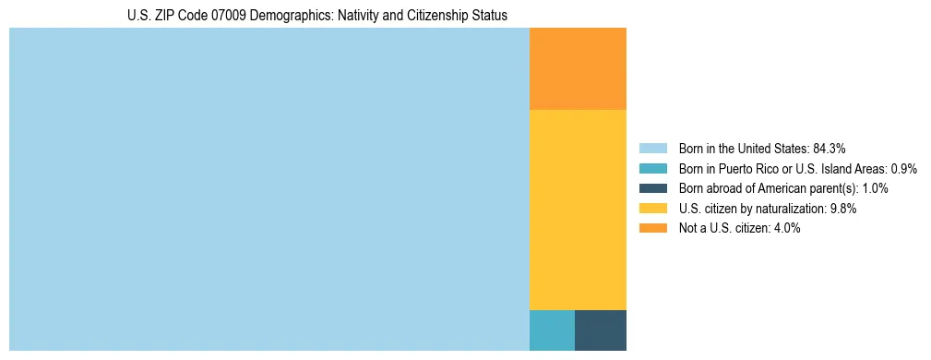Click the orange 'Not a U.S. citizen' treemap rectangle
[x=578, y=69]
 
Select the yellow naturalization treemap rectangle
[x=578, y=210]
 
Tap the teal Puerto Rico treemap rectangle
[x=552, y=330]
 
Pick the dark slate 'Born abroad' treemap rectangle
[x=600, y=330]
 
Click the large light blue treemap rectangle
[x=269, y=189]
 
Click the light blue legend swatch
[x=653, y=149]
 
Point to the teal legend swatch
[x=653, y=169]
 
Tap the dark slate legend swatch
[x=653, y=188]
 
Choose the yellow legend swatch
[x=653, y=209]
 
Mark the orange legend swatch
[x=653, y=228]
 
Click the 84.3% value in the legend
[x=830, y=149]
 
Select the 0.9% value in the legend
[x=903, y=169]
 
